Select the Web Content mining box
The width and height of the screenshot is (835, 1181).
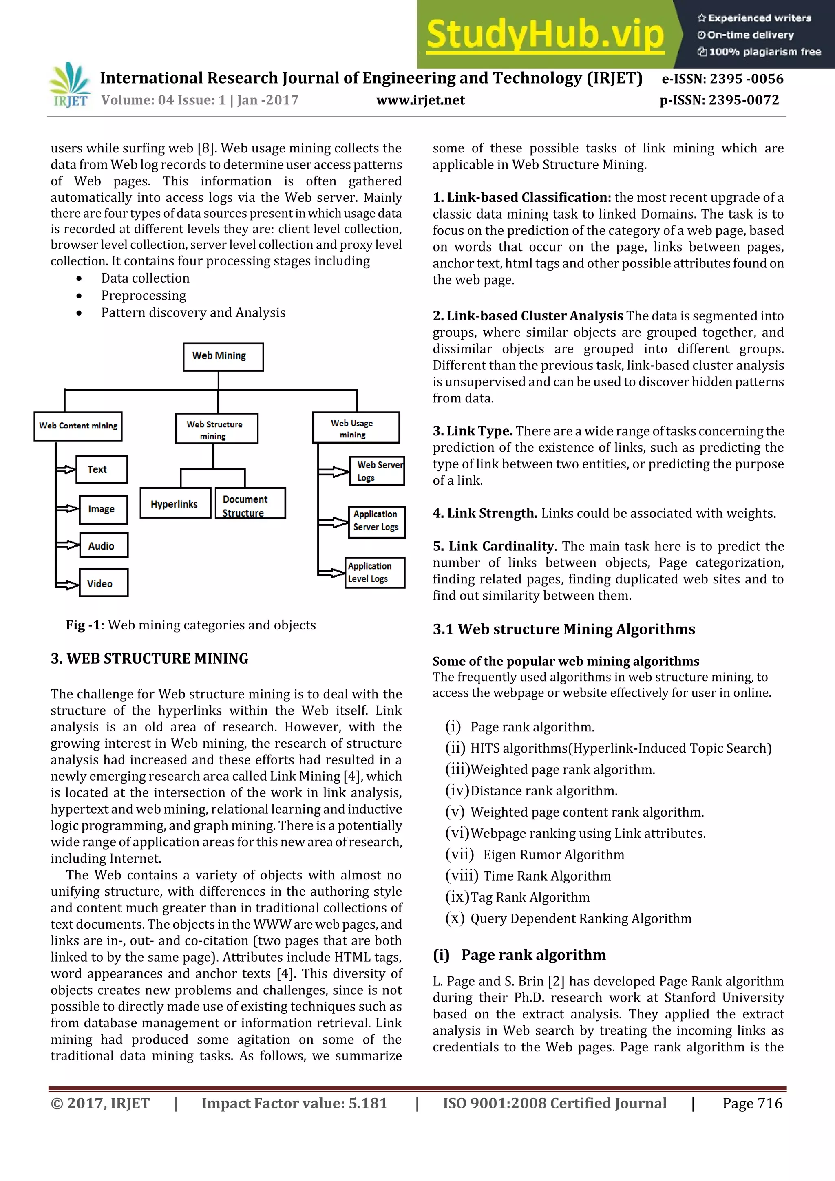78,426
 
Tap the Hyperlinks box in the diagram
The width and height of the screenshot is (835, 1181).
175,503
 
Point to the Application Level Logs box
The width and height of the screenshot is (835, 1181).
375,572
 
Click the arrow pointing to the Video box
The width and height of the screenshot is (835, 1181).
67,584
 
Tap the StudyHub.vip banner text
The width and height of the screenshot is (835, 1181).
546,35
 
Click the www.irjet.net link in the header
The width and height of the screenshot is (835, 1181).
420,100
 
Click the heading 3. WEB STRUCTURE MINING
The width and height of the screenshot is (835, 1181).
149,659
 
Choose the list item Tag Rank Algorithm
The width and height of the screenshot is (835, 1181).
530,897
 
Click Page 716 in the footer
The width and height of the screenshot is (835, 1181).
752,1103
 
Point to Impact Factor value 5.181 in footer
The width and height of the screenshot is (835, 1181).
294,1103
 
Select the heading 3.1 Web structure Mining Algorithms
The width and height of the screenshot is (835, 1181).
563,629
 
